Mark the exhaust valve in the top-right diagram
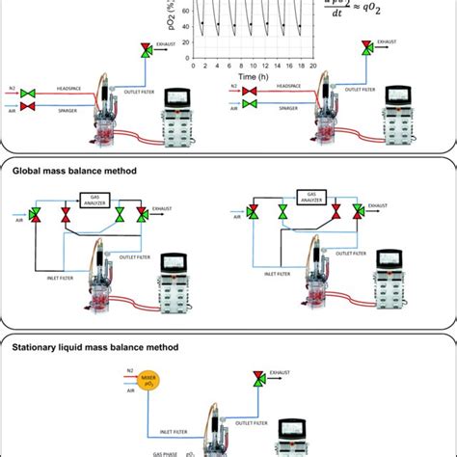pyautogui.click(x=365, y=46)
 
